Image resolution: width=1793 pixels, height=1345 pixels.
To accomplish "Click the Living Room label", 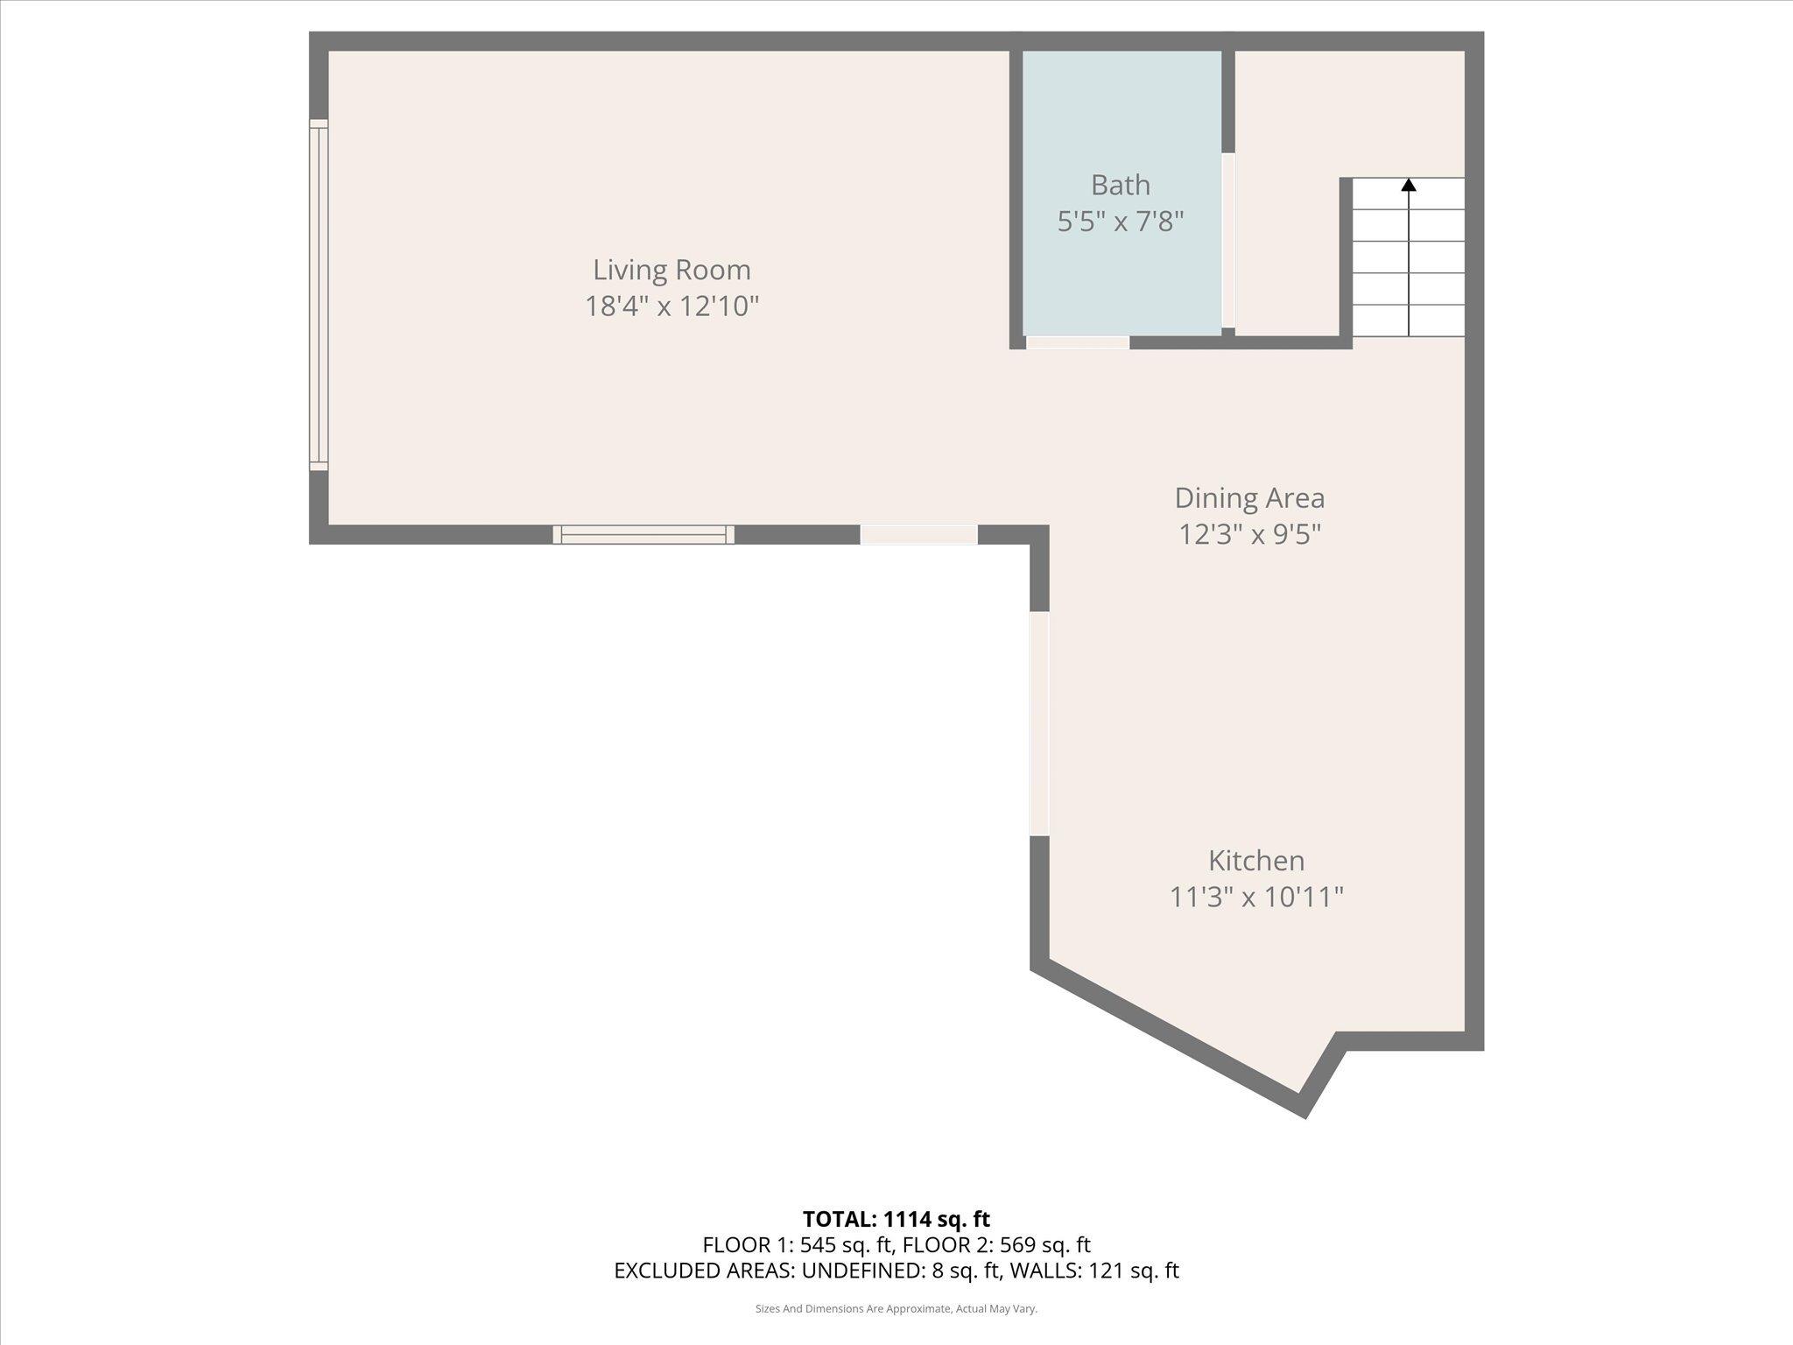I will point(671,270).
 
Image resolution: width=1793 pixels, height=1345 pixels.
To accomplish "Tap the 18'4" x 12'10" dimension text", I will point(671,306).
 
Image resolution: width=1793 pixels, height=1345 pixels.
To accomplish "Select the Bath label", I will point(1120,186).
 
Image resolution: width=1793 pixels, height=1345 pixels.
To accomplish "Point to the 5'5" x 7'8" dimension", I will point(1120,222).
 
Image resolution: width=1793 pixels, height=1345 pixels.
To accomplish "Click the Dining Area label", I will point(1249,498).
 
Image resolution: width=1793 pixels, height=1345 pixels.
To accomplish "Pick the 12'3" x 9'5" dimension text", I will point(1249,534).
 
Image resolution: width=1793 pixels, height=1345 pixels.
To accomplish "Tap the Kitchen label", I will point(1256,861).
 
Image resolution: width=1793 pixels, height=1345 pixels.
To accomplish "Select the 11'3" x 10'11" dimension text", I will point(1256,898).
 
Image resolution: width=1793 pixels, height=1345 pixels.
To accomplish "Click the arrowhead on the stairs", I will point(1409,185).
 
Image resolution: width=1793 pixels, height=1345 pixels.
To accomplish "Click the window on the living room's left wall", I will point(319,295).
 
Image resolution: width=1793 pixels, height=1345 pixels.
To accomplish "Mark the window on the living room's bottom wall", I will point(643,534).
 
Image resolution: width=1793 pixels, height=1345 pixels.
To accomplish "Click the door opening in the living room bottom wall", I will point(918,534).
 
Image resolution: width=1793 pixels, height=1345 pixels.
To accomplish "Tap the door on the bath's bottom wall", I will point(1077,342).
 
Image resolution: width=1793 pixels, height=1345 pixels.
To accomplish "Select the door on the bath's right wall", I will point(1227,241).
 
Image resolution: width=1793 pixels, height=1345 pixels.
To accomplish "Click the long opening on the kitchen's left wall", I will point(1039,722).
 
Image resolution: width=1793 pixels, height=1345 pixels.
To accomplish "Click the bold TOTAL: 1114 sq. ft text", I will point(896,1219).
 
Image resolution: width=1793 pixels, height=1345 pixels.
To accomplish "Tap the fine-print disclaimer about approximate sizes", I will point(896,1309).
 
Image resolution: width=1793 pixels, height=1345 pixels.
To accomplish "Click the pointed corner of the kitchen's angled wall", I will point(1304,1109).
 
